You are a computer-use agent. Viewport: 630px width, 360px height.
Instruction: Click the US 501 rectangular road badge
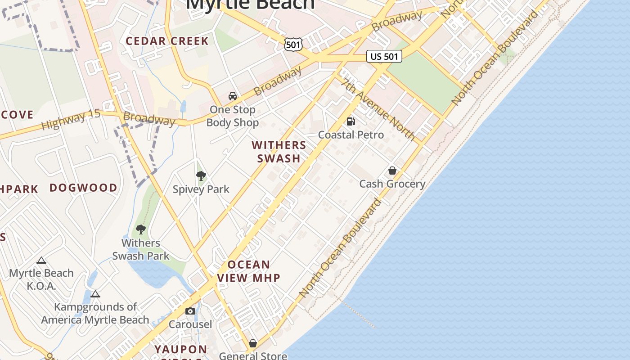click(x=384, y=56)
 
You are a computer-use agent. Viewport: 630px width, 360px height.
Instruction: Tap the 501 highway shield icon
click(x=293, y=44)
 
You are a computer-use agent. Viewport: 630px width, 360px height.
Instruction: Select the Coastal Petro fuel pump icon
click(x=351, y=121)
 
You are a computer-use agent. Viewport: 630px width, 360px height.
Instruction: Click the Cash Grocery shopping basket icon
click(x=392, y=171)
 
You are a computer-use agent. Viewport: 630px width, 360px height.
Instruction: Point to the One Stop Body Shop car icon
click(x=233, y=96)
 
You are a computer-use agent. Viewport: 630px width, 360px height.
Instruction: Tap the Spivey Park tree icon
click(x=201, y=175)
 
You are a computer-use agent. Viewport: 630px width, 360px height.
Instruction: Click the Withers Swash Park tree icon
click(x=141, y=229)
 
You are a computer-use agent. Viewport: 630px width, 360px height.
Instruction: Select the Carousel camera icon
click(x=190, y=311)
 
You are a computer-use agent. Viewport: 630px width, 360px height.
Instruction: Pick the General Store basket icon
click(x=253, y=343)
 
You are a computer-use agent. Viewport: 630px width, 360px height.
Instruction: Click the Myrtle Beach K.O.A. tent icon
click(x=41, y=260)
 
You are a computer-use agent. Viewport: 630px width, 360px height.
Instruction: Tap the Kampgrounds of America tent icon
click(x=95, y=294)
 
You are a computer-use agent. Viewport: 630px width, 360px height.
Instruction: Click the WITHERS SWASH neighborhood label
click(x=279, y=152)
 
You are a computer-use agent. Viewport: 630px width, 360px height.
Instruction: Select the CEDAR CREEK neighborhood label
click(x=167, y=41)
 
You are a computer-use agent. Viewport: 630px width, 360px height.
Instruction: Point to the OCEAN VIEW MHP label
click(x=249, y=271)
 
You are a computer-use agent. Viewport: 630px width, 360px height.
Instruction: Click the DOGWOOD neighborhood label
click(x=83, y=188)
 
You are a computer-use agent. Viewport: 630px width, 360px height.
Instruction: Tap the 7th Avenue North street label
click(x=378, y=109)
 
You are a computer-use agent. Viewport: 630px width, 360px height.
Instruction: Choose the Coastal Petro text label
click(x=351, y=135)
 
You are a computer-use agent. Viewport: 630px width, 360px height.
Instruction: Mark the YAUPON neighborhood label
click(x=181, y=349)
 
